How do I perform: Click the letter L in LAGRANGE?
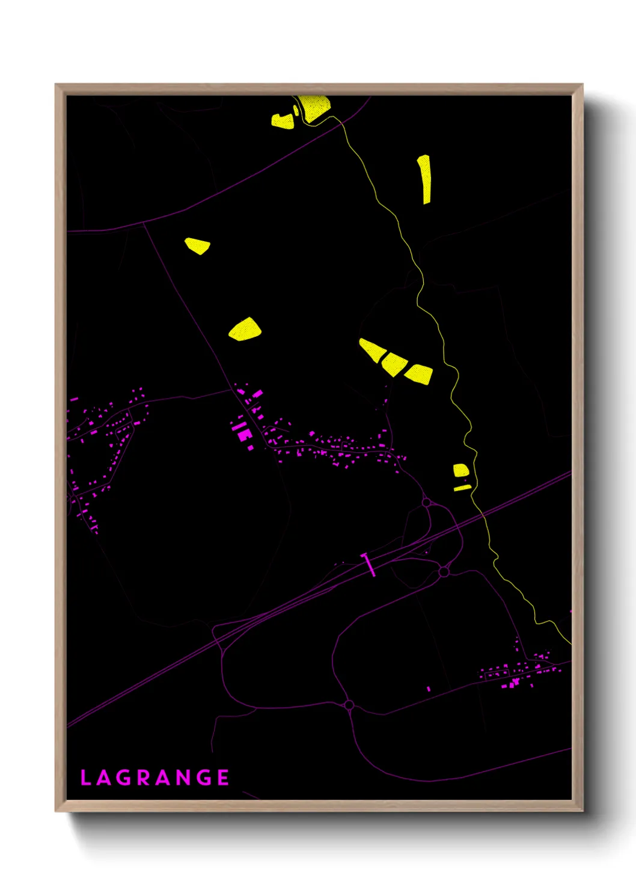[x=85, y=778]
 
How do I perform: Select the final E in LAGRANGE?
[x=223, y=778]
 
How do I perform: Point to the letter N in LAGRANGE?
[x=183, y=778]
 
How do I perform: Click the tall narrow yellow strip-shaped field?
[x=425, y=179]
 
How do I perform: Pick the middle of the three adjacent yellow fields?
[x=394, y=363]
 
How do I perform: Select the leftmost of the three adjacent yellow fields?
[x=371, y=350]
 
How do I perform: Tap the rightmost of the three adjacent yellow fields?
[x=419, y=373]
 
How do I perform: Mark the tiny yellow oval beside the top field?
[x=296, y=111]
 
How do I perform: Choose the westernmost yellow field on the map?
[x=197, y=245]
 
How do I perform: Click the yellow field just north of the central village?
[x=245, y=330]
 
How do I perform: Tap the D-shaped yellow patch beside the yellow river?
[x=460, y=470]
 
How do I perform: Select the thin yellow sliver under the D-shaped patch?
[x=462, y=488]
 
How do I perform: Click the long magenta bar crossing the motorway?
[x=368, y=565]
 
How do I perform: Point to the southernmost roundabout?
[x=349, y=705]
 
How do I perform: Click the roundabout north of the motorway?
[x=426, y=502]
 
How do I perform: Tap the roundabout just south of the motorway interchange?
[x=444, y=571]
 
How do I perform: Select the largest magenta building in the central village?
[x=243, y=434]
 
